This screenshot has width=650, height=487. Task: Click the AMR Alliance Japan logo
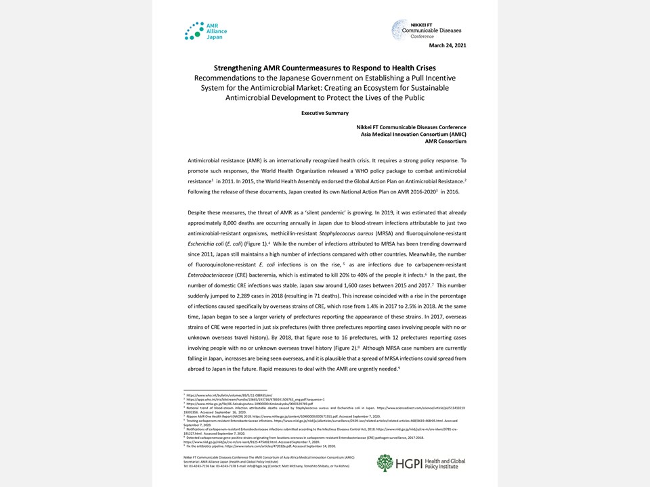pyautogui.click(x=206, y=31)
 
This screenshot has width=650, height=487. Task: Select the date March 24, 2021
pyautogui.click(x=448, y=45)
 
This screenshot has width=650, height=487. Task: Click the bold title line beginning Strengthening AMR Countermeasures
pyautogui.click(x=325, y=68)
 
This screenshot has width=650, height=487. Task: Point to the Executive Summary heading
pyautogui.click(x=325, y=113)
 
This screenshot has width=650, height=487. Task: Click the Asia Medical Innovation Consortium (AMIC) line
pyautogui.click(x=413, y=134)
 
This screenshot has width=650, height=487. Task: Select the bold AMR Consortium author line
pyautogui.click(x=446, y=141)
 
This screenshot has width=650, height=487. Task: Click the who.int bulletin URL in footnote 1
pyautogui.click(x=216, y=395)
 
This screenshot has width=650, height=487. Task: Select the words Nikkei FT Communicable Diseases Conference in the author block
pyautogui.click(x=411, y=127)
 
